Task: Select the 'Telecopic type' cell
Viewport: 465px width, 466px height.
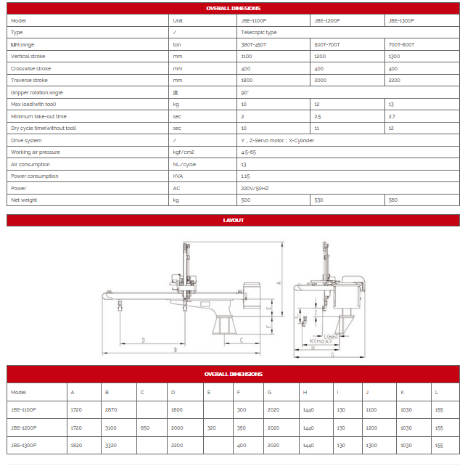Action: coord(259,33)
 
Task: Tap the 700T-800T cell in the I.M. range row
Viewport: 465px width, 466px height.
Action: coord(402,44)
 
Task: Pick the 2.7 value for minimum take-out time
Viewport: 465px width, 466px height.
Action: coord(392,116)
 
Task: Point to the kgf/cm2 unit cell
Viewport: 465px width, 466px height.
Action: coord(183,152)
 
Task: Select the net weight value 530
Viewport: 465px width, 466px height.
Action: coord(318,200)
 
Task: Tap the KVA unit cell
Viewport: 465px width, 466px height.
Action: coord(178,176)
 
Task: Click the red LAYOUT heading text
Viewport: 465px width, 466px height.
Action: coord(233,220)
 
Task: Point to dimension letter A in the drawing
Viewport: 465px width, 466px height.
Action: coord(279,282)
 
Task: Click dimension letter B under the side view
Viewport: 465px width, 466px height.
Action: coord(175,349)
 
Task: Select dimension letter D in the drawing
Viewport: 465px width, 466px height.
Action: coord(143,339)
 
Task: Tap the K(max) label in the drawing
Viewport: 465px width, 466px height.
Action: coord(320,340)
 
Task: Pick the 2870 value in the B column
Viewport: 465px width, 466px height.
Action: coord(111,410)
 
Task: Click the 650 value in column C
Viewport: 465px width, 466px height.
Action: coord(145,428)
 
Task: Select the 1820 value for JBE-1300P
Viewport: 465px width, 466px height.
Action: coord(76,445)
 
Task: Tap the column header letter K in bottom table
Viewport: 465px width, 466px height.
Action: coord(403,392)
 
